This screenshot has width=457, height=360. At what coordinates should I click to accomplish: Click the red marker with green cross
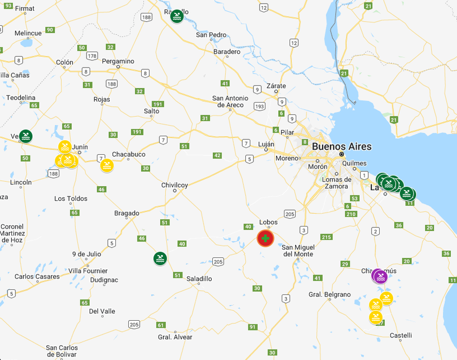[265, 238]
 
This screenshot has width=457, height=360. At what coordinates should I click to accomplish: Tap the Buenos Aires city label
[341, 146]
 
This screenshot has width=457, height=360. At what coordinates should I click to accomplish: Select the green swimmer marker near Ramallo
[177, 17]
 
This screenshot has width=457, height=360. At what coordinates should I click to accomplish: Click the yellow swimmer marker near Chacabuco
[107, 165]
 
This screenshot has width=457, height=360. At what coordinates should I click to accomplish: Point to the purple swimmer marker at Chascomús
[380, 277]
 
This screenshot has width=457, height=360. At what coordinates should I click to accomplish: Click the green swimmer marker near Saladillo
[160, 258]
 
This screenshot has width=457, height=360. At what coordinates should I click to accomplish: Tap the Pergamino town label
[118, 61]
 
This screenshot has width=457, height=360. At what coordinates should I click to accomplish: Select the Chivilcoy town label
[175, 185]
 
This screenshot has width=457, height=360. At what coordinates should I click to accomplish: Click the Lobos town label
[268, 222]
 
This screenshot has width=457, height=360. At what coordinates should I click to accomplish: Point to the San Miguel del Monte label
[298, 251]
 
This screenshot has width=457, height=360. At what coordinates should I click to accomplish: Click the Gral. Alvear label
[175, 337]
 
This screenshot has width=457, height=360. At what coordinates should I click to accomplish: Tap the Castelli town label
[401, 335]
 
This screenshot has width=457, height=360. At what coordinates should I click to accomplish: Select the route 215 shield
[326, 237]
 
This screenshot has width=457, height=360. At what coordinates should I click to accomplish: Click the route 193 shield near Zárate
[260, 106]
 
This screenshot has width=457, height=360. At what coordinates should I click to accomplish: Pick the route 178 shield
[92, 56]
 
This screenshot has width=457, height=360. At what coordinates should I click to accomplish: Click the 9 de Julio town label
[87, 254]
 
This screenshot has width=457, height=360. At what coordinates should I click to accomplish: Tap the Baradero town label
[227, 52]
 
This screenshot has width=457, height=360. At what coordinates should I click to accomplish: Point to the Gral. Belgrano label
[329, 294]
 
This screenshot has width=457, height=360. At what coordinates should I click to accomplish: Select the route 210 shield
[351, 214]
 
